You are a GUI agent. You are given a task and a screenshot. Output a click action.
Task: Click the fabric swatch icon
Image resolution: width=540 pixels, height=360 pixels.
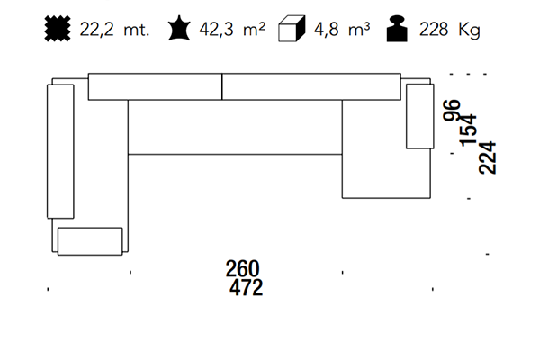point(58,29)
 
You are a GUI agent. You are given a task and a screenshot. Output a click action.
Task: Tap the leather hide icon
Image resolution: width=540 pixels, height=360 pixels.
point(179,28)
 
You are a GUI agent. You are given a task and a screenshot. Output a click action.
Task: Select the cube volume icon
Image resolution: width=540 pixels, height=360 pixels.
point(292,29)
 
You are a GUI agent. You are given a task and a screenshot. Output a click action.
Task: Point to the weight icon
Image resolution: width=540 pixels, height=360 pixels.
point(397,29)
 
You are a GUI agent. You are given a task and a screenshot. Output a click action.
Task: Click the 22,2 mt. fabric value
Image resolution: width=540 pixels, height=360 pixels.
point(114,30)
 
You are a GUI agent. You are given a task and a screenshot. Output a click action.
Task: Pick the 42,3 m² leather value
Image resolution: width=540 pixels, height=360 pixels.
point(232,29)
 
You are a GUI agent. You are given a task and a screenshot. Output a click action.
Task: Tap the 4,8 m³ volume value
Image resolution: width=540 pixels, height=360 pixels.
point(342,29)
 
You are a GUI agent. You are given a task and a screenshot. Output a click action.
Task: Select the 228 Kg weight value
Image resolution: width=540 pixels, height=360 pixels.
point(449,30)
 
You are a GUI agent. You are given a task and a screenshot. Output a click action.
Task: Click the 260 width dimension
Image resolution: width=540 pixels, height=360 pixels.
point(242,269)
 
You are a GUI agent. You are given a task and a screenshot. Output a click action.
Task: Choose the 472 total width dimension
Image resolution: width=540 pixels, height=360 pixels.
point(246,288)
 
